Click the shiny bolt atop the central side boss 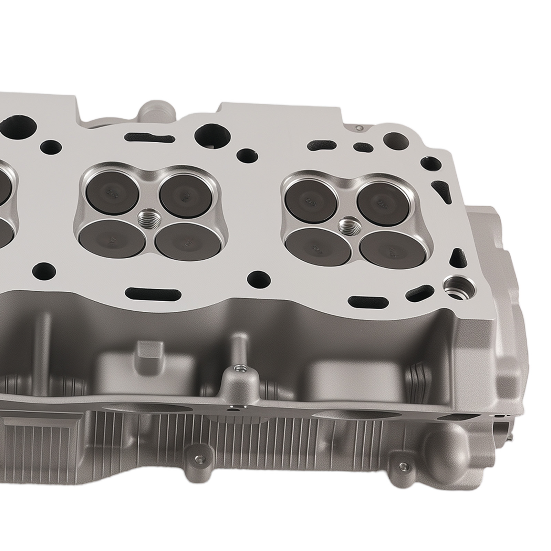pyautogui.click(x=238, y=370)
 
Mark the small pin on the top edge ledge pyautogui.click(x=360, y=128)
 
